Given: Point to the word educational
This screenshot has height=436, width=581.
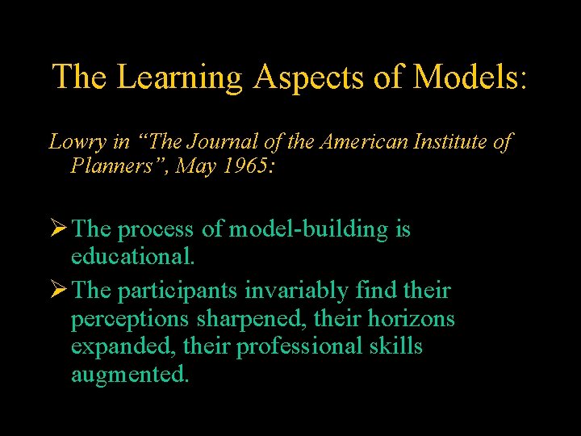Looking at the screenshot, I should [132, 258].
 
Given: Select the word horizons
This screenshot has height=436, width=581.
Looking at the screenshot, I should [412, 320].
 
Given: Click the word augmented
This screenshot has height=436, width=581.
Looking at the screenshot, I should [129, 375].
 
